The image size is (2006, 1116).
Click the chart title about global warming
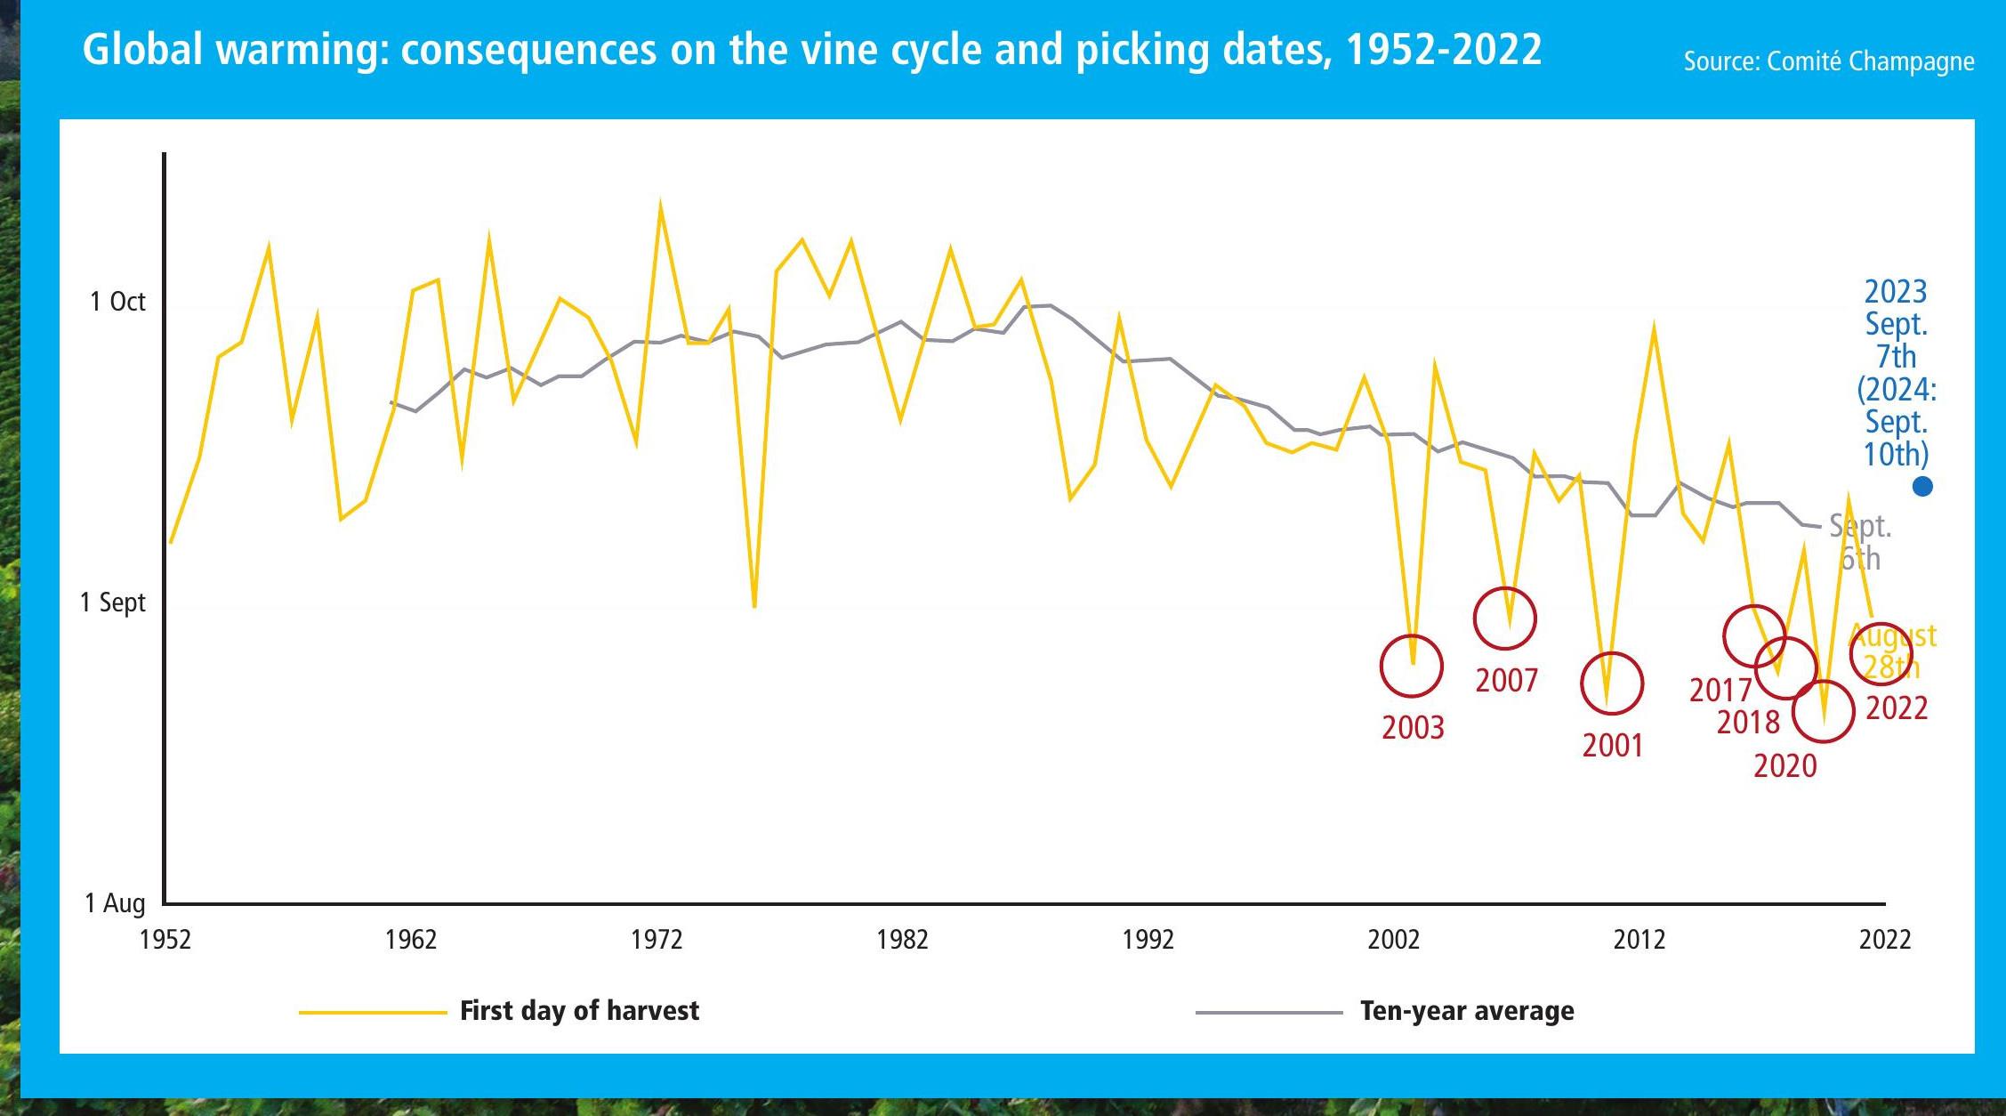[x=811, y=50]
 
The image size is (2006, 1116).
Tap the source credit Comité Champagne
[x=1828, y=61]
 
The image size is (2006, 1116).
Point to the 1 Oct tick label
[x=117, y=302]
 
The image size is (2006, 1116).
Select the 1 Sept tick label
[x=112, y=602]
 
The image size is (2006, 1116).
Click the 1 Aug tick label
[x=114, y=903]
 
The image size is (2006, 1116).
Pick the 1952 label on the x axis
[x=165, y=939]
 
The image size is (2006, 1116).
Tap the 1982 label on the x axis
[x=902, y=939]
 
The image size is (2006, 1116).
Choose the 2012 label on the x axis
[x=1639, y=939]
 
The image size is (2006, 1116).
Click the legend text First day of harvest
[x=579, y=1011]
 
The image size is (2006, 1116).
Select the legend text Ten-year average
[x=1467, y=1011]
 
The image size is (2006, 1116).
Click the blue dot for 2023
[x=1922, y=486]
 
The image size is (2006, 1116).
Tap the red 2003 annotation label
[x=1413, y=728]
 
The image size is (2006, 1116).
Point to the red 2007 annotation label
[x=1506, y=681]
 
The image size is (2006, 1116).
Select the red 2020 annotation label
[x=1784, y=766]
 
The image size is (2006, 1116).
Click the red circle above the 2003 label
[x=1411, y=666]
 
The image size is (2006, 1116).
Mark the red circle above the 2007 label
[x=1504, y=618]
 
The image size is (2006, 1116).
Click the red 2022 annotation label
[x=1896, y=708]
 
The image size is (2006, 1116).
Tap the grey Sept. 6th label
[x=1860, y=542]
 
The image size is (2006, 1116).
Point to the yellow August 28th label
[x=1892, y=651]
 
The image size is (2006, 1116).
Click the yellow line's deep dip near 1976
[x=754, y=605]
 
